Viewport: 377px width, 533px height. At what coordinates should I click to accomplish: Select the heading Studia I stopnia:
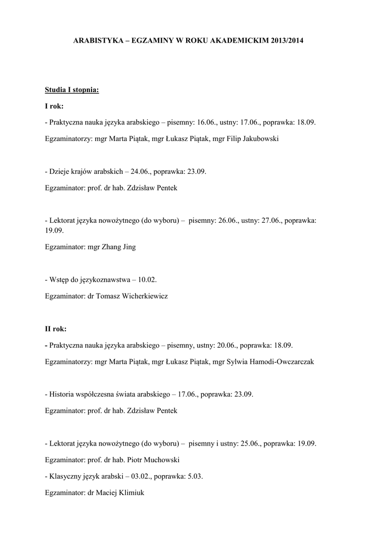71,90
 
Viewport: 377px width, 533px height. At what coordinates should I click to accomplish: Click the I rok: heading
54,106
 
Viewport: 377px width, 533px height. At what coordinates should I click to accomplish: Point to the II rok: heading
56,328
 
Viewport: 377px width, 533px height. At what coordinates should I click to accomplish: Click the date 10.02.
147,280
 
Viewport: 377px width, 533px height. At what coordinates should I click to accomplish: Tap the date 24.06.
140,171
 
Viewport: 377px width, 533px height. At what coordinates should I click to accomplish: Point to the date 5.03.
204,476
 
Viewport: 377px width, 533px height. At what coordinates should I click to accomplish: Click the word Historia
61,394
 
